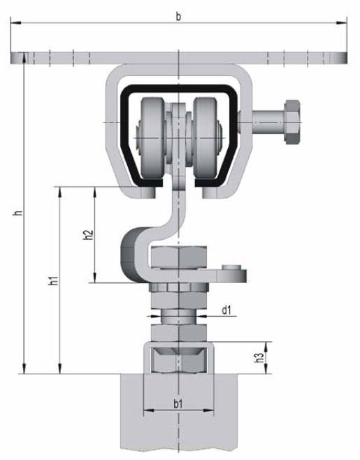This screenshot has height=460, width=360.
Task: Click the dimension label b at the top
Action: (178, 17)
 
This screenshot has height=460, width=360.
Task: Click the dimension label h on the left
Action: (18, 213)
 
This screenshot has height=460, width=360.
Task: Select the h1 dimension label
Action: (53, 280)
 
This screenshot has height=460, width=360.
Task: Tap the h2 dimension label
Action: (88, 235)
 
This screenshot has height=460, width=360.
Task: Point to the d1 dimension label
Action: (226, 310)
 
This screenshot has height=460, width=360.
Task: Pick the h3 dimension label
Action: (259, 357)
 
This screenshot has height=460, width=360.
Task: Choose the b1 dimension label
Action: (178, 404)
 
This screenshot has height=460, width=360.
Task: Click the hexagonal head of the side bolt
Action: (292, 122)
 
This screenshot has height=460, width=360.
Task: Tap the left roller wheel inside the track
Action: (152, 138)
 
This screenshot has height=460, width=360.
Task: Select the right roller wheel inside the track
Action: (205, 138)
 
